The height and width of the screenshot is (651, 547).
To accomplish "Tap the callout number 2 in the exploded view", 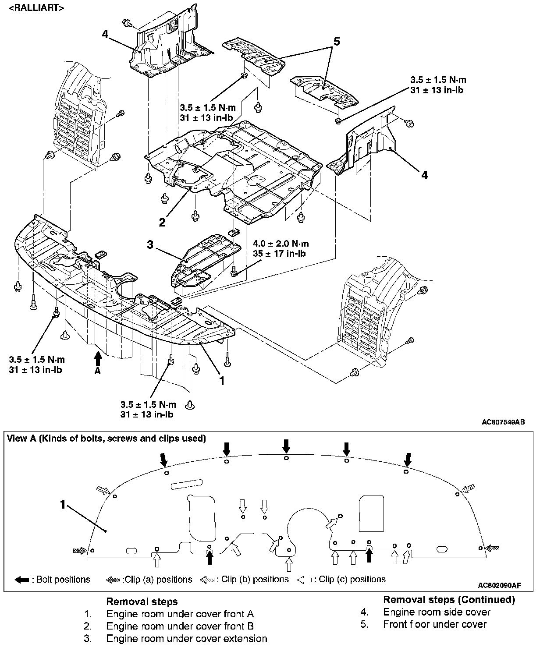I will (162, 223).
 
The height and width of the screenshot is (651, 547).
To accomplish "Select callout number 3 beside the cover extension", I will (150, 245).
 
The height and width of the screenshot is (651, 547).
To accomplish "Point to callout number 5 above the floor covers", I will (337, 42).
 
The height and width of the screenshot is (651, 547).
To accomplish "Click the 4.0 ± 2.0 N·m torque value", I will (281, 244).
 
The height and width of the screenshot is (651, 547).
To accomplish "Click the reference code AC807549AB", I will (503, 422).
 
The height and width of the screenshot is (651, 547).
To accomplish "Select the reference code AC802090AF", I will (499, 585).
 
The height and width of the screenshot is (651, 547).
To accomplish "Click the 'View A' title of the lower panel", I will (107, 438).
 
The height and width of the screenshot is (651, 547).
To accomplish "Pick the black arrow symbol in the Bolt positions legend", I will (22, 580).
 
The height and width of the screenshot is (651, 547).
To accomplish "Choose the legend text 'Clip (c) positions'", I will (352, 580).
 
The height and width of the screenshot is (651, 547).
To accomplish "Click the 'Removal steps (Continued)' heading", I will (449, 600).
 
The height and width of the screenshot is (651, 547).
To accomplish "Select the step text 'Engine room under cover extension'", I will (187, 639).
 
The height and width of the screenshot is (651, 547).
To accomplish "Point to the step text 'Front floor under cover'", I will (435, 624).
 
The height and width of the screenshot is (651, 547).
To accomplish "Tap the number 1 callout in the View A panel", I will (63, 505).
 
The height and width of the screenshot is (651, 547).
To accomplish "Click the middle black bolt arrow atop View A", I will (286, 446).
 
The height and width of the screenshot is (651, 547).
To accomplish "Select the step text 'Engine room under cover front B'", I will (180, 626).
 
